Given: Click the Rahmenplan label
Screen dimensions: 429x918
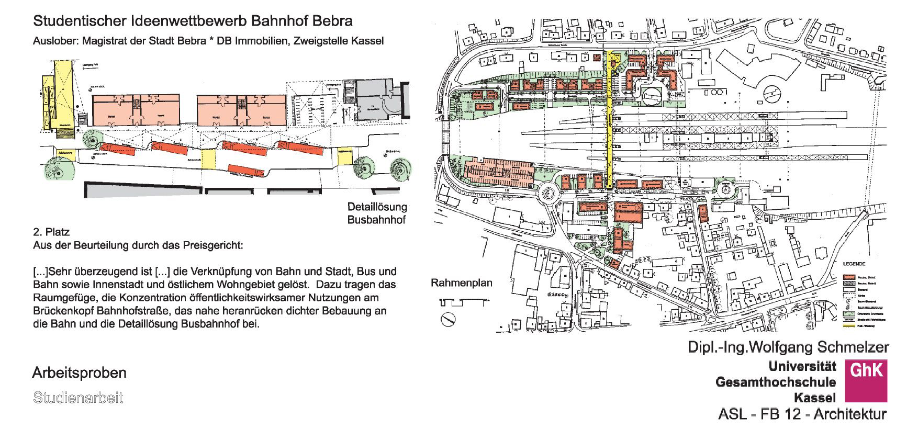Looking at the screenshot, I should pos(462,283).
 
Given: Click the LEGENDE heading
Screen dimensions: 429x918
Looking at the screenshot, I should pos(854,264).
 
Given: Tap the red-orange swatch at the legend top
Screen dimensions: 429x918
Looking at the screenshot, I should pos(849,276).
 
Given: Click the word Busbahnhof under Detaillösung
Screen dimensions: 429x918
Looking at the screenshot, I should pos(377,220).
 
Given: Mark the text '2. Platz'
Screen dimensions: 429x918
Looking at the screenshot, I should pos(51,232).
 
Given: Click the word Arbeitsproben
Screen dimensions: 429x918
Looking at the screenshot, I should pos(79,373).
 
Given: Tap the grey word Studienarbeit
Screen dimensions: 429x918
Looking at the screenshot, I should pos(78,398).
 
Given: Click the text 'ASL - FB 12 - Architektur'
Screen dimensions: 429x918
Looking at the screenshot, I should pos(802,415).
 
